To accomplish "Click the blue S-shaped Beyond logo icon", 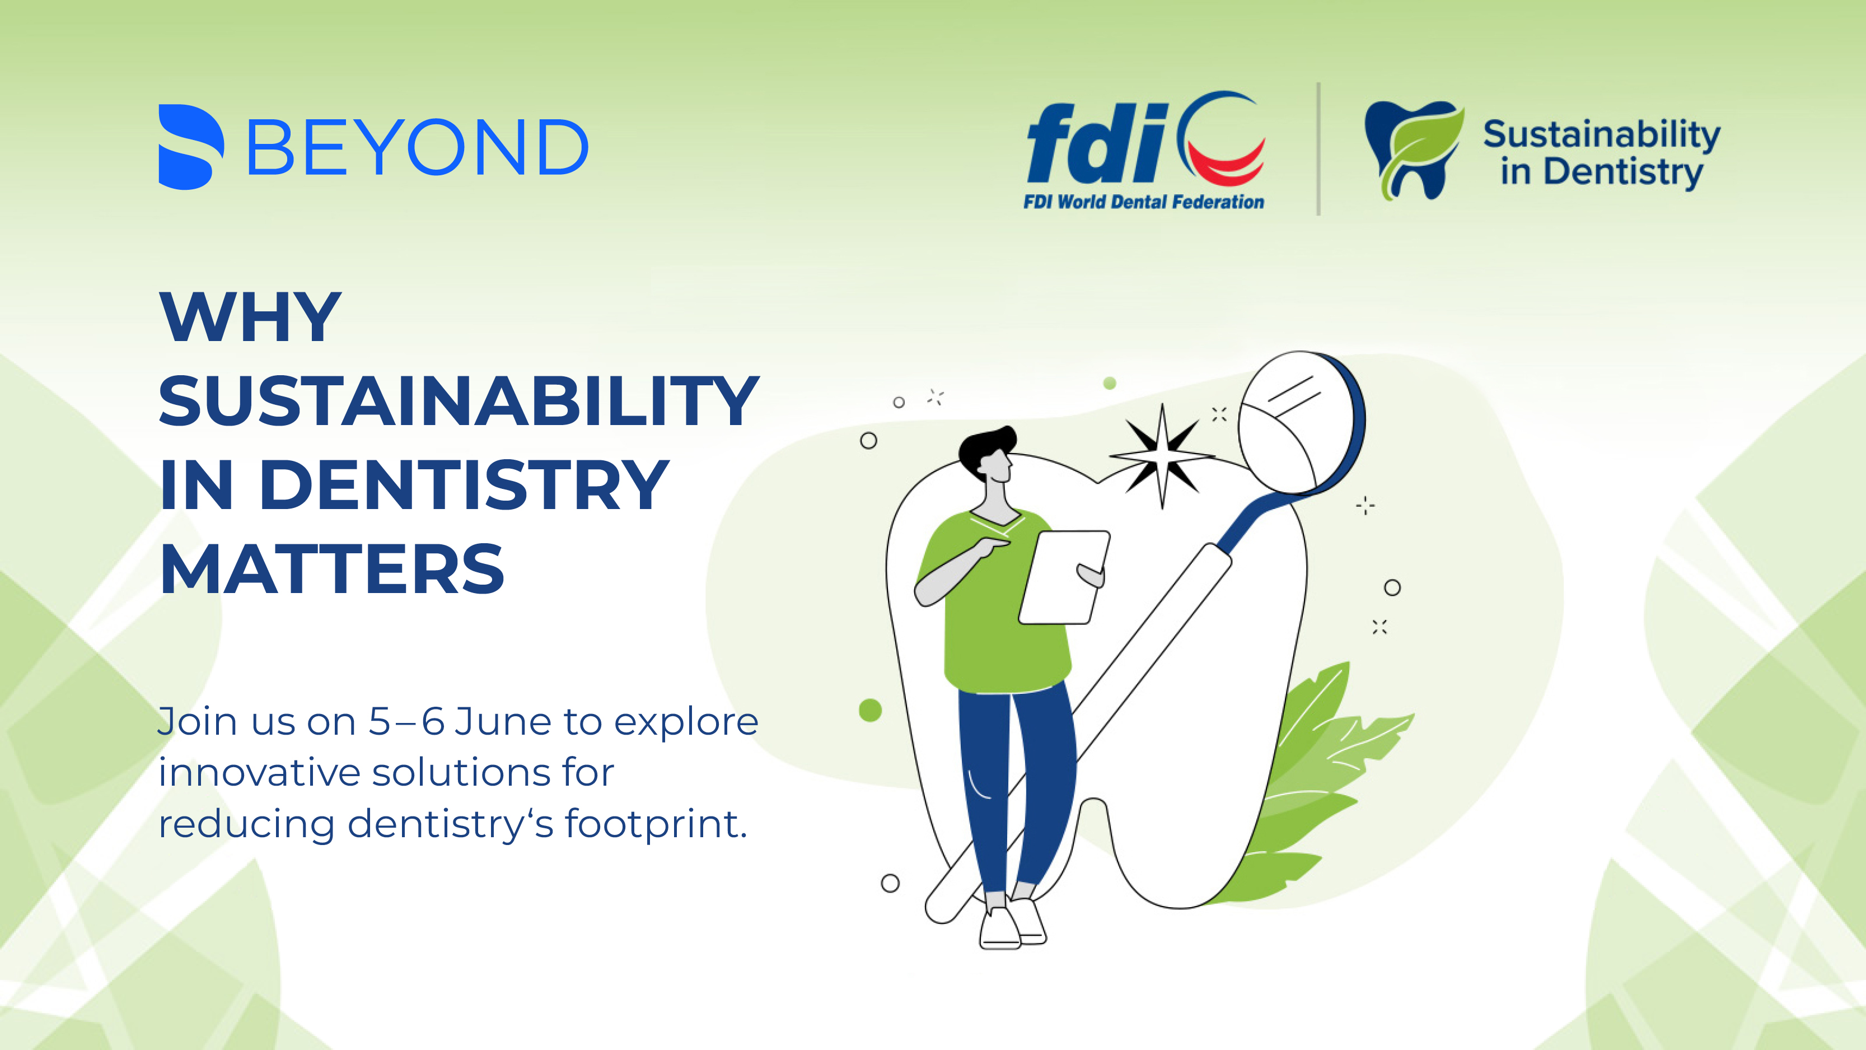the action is (x=190, y=147).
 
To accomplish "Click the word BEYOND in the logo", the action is (x=418, y=148).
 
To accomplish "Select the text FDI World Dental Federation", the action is (x=1144, y=202).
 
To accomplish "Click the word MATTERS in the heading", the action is (x=332, y=569).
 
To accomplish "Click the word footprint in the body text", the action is (x=656, y=824).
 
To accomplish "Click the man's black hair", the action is (x=986, y=447).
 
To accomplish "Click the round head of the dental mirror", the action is (x=1301, y=422).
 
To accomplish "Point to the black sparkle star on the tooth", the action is (x=1162, y=456).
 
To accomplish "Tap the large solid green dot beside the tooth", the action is (x=870, y=710).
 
